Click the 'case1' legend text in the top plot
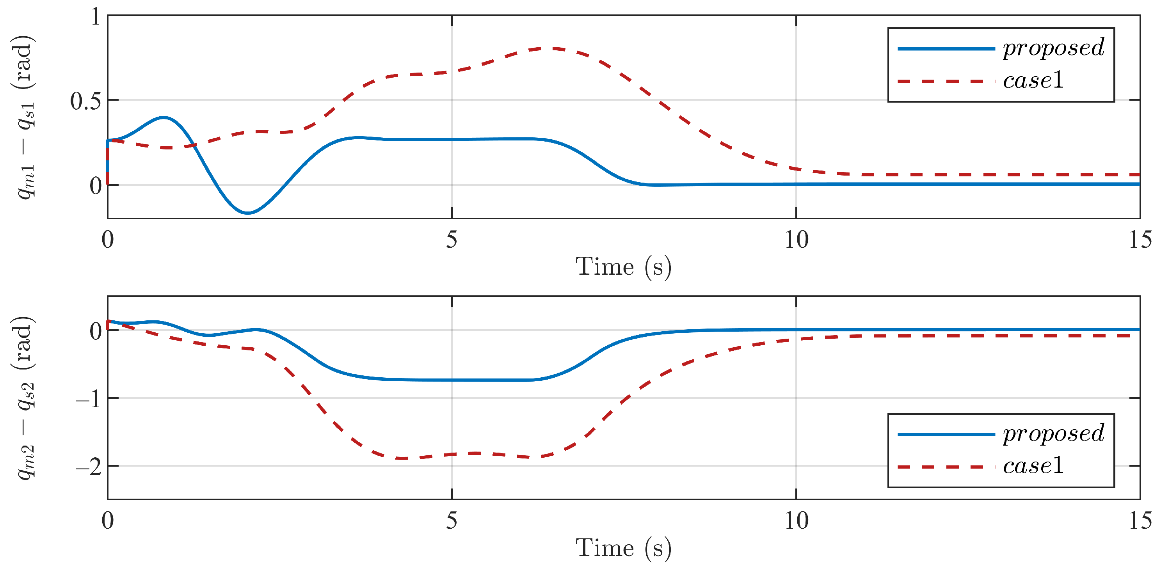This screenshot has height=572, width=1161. point(1033,81)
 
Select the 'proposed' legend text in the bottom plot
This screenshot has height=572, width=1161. point(1053,433)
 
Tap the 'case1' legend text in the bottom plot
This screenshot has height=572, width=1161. point(1033,466)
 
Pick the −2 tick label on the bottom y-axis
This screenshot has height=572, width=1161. point(89,467)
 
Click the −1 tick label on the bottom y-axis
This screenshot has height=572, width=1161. point(89,399)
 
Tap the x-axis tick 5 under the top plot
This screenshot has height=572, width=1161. point(452,239)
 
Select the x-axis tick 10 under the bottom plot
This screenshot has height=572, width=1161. point(797,520)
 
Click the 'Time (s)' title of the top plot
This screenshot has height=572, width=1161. point(623,267)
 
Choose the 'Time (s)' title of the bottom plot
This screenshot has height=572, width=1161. point(623,548)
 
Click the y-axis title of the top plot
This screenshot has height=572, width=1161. point(25,117)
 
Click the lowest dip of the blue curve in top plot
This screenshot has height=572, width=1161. point(248,213)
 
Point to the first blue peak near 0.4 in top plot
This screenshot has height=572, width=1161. point(164,118)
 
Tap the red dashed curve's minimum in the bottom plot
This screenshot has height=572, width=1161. point(402,458)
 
